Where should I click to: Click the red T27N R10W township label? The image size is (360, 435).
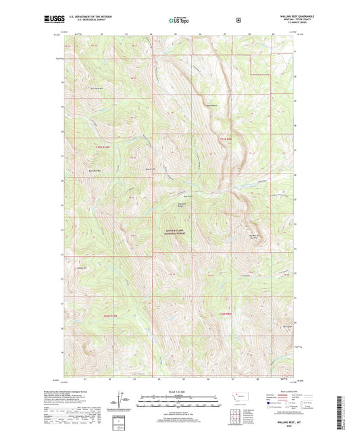[102, 147]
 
